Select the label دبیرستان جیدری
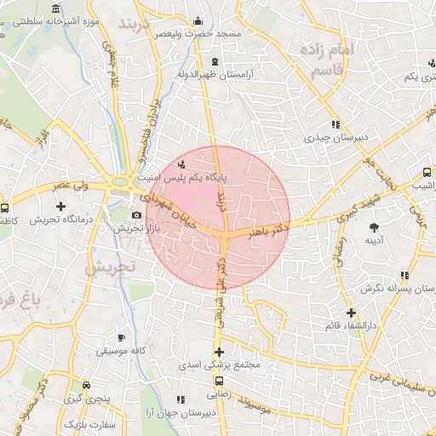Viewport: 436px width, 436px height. [x=335, y=136]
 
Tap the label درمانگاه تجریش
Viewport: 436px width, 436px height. [x=60, y=220]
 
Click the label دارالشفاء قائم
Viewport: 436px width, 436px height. [x=350, y=325]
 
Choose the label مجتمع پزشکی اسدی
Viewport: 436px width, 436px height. [x=219, y=364]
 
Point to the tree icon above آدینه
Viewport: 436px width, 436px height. [x=374, y=226]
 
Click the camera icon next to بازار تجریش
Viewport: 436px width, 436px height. [x=136, y=215]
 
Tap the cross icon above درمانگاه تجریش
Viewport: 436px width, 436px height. [x=60, y=206]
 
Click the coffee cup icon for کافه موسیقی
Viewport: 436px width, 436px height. [x=122, y=337]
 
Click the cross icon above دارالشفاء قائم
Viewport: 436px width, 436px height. [x=350, y=313]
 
